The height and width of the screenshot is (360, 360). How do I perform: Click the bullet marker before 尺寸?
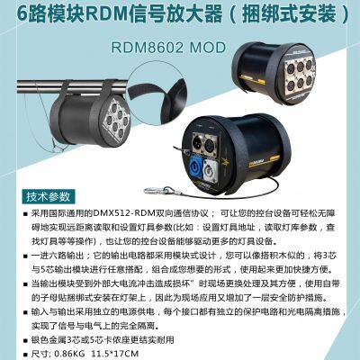pyautogui.click(x=25, y=354)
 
